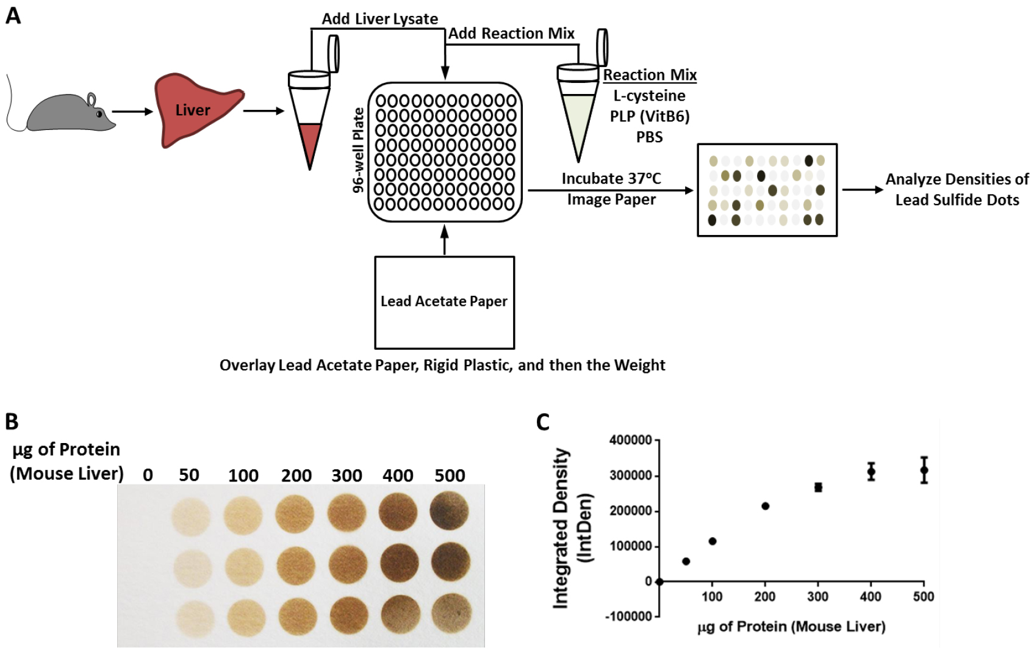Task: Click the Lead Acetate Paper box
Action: (445, 303)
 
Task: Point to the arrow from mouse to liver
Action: (132, 111)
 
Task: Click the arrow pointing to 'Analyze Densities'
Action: (863, 190)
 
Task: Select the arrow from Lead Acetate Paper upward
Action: (445, 240)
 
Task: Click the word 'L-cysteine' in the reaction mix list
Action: (649, 96)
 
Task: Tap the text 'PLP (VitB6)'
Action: (650, 117)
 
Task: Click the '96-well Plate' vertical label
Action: (358, 151)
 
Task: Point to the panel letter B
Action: (12, 421)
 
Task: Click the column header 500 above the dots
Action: (450, 475)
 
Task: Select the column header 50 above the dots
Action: (188, 475)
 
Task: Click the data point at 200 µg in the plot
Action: (765, 506)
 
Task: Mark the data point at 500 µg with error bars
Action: (924, 470)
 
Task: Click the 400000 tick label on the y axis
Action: (631, 441)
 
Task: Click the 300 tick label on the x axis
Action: (817, 597)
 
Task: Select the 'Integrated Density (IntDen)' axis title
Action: (572, 528)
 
